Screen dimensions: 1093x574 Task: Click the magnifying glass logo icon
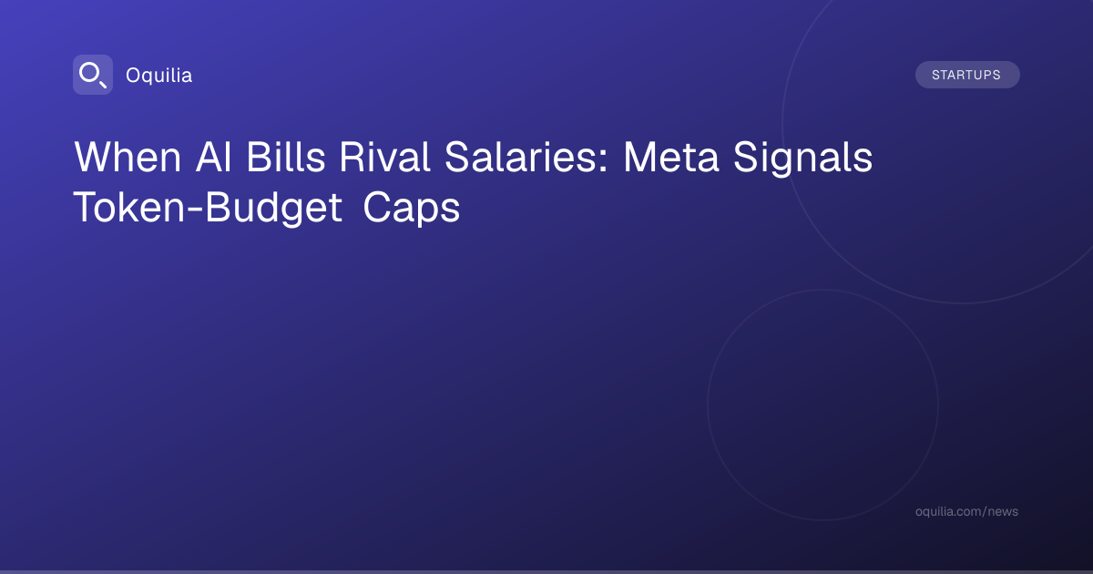pyautogui.click(x=93, y=75)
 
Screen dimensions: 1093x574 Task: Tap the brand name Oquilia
pyautogui.click(x=159, y=76)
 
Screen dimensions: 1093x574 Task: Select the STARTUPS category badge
pyautogui.click(x=967, y=75)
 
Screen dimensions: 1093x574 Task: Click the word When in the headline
pyautogui.click(x=128, y=157)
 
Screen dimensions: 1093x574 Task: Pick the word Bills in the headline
pyautogui.click(x=285, y=157)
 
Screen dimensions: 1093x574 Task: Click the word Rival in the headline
pyautogui.click(x=384, y=157)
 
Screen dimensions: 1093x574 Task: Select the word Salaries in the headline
pyautogui.click(x=520, y=157)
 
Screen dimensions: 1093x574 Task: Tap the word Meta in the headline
pyautogui.click(x=671, y=157)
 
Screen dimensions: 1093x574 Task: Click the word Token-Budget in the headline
pyautogui.click(x=208, y=209)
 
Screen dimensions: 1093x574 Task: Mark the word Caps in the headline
pyautogui.click(x=412, y=209)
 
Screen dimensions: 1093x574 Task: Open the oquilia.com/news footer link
pyautogui.click(x=966, y=511)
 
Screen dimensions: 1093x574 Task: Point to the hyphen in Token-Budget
pyautogui.click(x=195, y=210)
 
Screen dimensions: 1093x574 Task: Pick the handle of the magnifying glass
pyautogui.click(x=102, y=84)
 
